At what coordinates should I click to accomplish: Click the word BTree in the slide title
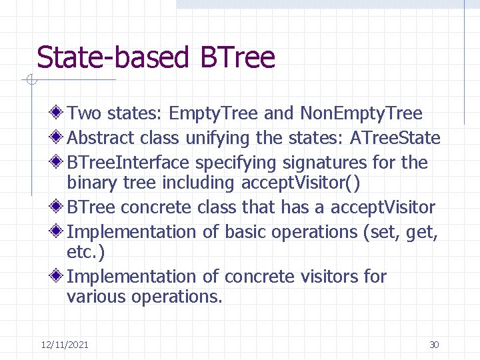click(237, 57)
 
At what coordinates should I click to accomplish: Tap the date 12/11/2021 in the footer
click(65, 345)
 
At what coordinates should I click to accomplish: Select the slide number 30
click(434, 345)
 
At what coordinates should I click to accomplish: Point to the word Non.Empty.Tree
click(361, 113)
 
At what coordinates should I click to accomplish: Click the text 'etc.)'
click(85, 252)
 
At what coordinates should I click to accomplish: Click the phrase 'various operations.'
click(145, 297)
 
